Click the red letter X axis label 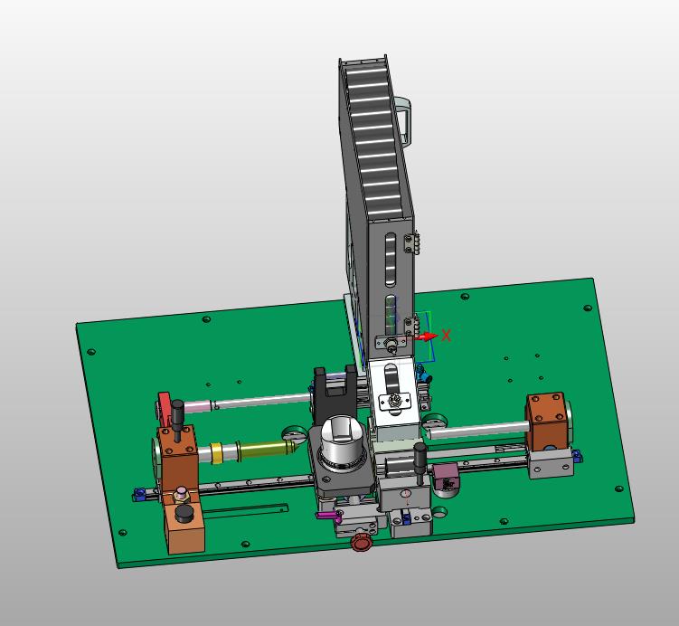[x=446, y=335]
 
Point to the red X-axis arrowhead [x=431, y=337]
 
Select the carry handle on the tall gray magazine [x=403, y=121]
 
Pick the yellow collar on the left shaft [x=216, y=453]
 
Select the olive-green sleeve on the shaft [x=265, y=450]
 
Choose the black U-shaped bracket [x=334, y=394]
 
